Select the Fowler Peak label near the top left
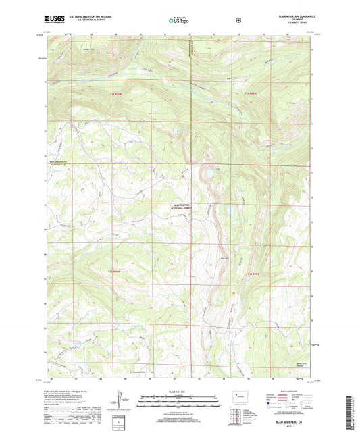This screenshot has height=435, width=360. coord(86,49)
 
